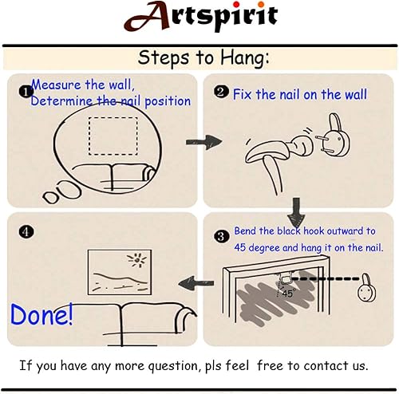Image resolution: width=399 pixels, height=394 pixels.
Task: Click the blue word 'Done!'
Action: coord(41,313)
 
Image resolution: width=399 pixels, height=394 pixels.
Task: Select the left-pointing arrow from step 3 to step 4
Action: coord(192,281)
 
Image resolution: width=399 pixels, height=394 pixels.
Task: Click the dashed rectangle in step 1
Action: coord(113,136)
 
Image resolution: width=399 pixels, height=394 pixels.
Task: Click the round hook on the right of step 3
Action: coord(366,289)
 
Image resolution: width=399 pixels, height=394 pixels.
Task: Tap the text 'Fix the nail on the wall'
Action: coord(300,94)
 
